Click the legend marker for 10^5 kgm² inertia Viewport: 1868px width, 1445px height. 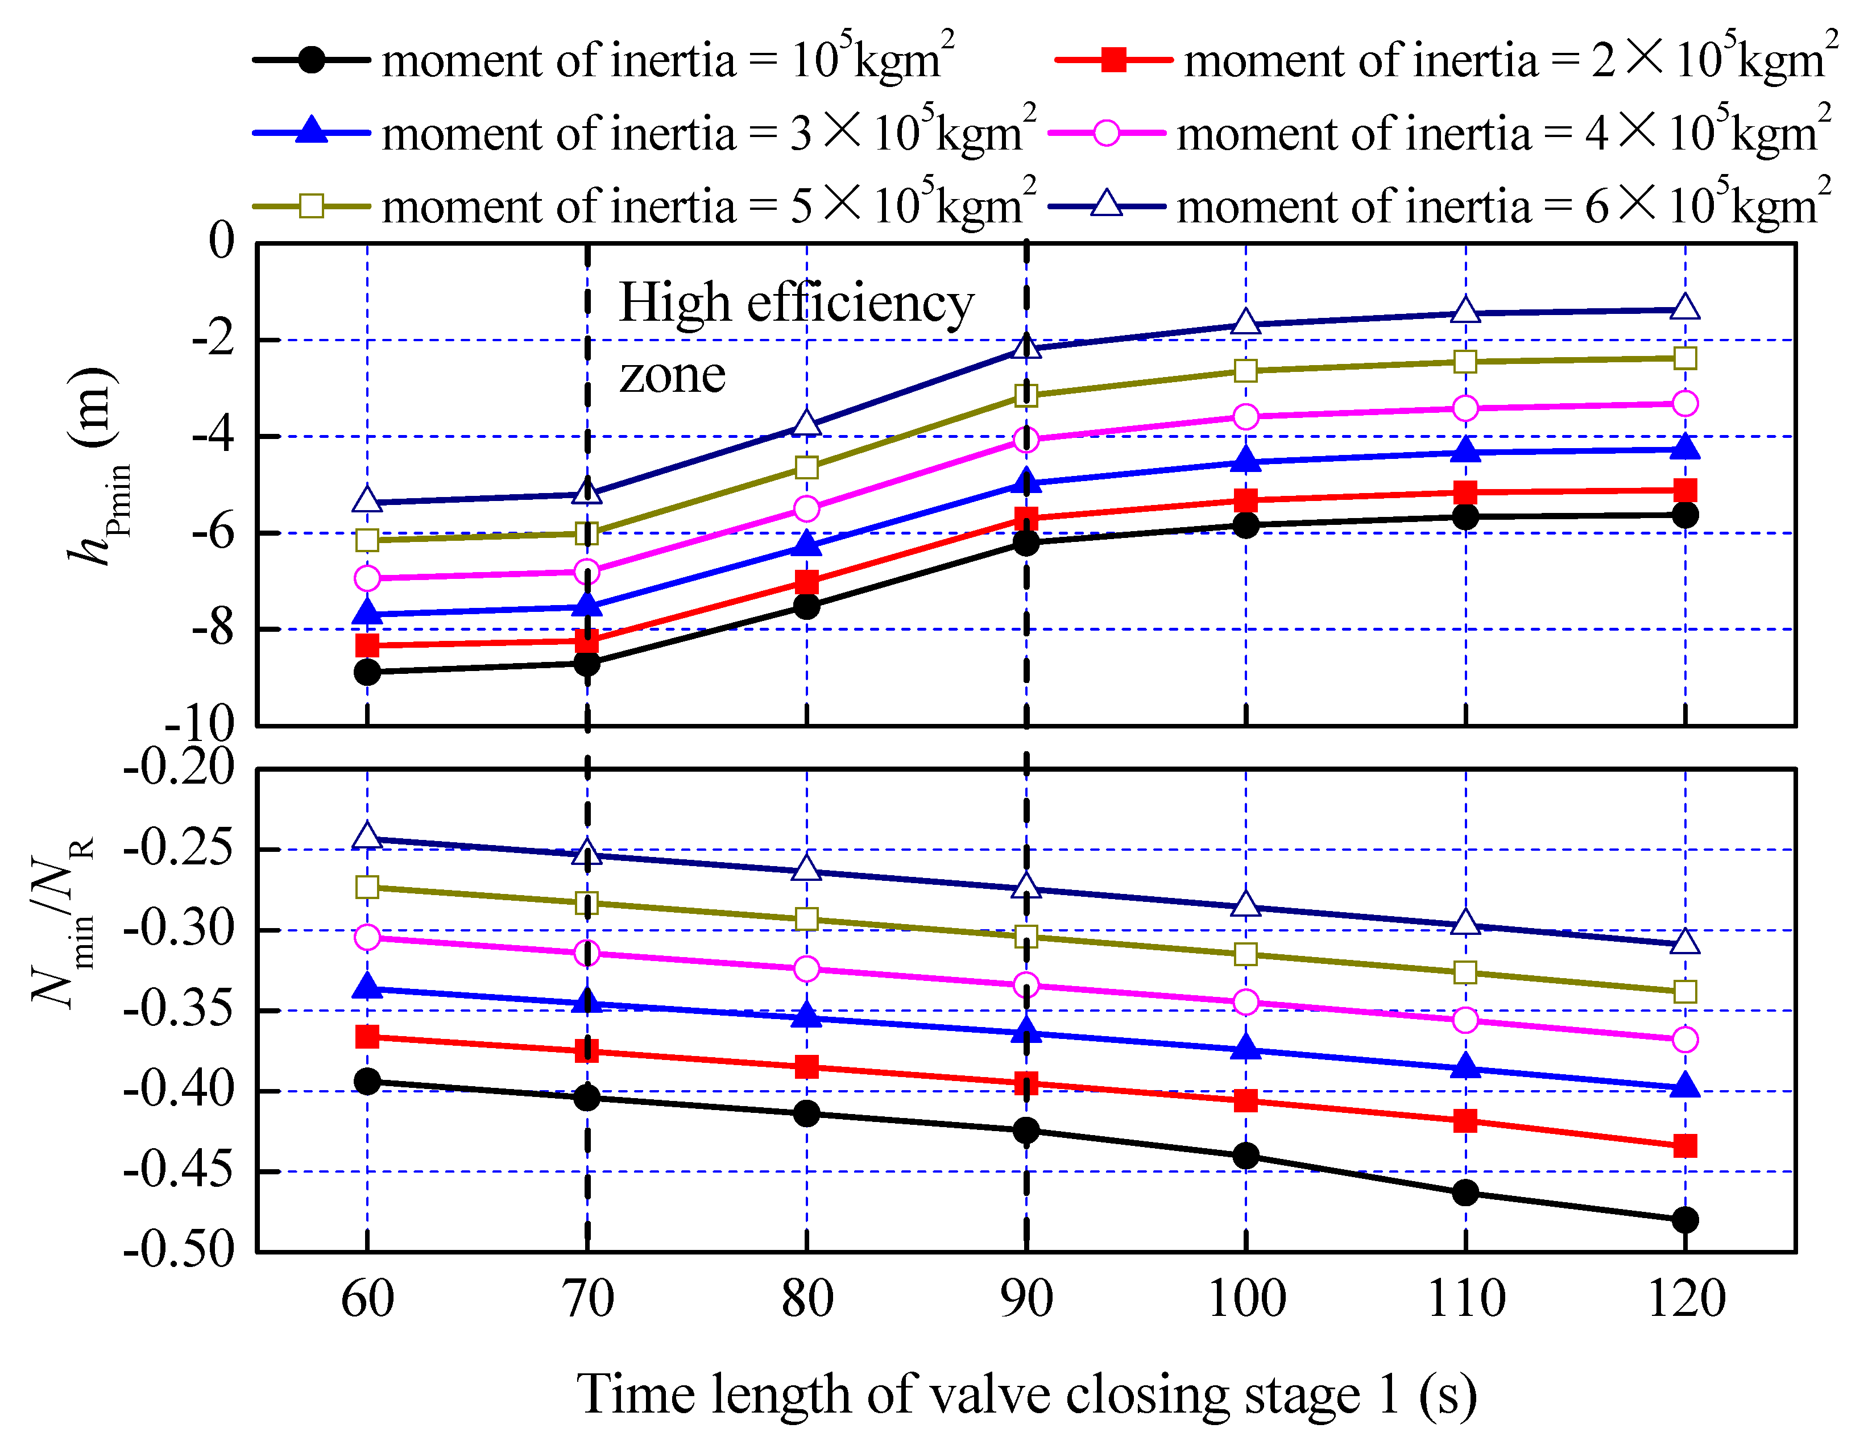click(x=312, y=60)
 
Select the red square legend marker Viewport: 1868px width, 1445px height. click(x=1113, y=60)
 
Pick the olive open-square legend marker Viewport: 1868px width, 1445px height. click(x=312, y=206)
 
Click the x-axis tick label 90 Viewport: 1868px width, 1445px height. click(x=1026, y=1299)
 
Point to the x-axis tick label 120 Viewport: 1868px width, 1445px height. click(x=1686, y=1299)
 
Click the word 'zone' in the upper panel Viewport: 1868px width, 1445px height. click(x=672, y=375)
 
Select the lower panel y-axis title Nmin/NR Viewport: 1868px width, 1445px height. click(x=64, y=924)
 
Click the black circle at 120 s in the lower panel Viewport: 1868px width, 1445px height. click(x=1685, y=1220)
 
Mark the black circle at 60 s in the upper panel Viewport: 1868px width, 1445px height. click(x=367, y=672)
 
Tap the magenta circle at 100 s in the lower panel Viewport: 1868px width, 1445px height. click(x=1246, y=1002)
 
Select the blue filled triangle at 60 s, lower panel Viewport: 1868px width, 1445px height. click(x=367, y=987)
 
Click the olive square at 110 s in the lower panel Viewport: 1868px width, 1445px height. click(x=1465, y=972)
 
